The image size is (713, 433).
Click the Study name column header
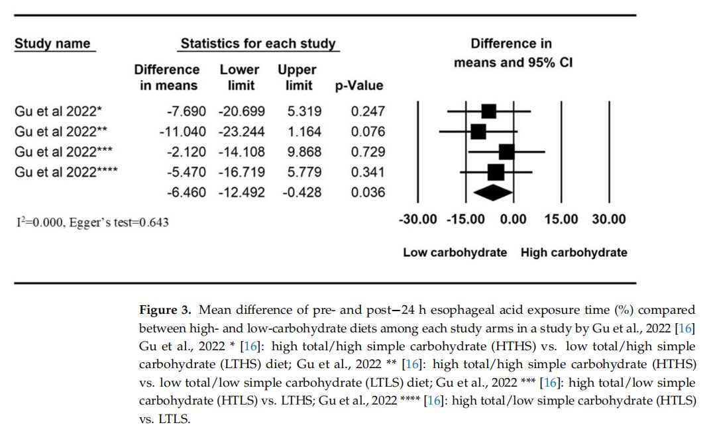[x=52, y=44]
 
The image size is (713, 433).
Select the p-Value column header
[x=359, y=85]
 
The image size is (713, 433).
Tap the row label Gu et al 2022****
[x=66, y=172]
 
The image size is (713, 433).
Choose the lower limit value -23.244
[x=241, y=131]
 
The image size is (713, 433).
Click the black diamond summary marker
[x=491, y=192]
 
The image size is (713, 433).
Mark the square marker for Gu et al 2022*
[x=489, y=111]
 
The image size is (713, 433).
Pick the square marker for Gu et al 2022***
[x=506, y=152]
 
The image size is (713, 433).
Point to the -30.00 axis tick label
[x=417, y=219]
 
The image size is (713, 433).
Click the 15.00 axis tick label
[x=561, y=219]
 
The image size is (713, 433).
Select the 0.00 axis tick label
[x=513, y=219]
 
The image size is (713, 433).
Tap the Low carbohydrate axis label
[x=455, y=252]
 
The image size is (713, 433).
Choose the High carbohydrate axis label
[x=573, y=252]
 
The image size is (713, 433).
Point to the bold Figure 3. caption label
[x=166, y=310]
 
